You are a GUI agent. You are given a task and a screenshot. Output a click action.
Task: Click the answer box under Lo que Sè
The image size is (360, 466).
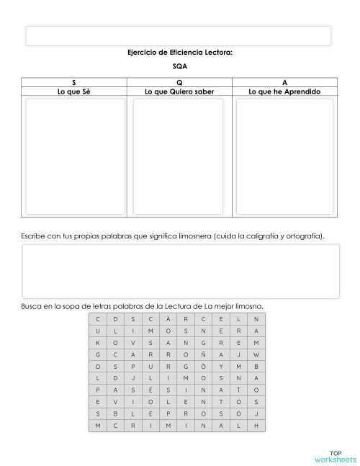coord(73,156)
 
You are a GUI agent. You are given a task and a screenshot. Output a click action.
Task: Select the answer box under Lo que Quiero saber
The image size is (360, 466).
coord(179,156)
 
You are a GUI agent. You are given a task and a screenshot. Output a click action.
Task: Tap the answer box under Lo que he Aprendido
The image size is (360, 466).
coord(284,156)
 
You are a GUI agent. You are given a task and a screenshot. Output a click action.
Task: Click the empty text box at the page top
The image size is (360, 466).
coord(179,35)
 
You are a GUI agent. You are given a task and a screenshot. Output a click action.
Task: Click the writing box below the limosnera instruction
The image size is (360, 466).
coord(180,272)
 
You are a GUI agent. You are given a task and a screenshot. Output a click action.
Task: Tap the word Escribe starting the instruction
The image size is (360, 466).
coord(35,236)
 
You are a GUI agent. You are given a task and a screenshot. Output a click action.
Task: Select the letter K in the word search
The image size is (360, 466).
coord(97,343)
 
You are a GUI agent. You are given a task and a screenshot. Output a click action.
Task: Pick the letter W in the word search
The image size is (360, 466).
coord(256,355)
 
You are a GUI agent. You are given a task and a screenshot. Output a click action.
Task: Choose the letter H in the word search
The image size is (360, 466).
coord(256,426)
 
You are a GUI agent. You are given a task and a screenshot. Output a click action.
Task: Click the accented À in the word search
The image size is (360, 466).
coord(168,319)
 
